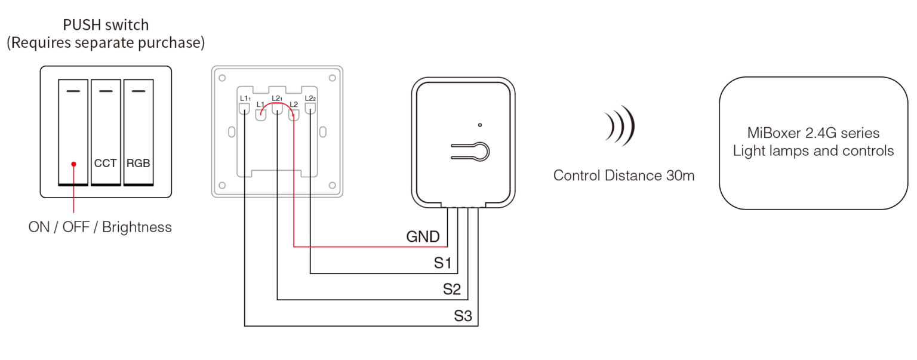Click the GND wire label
point(423,237)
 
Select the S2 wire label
point(453,290)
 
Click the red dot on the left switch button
point(73,163)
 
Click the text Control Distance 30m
point(623,176)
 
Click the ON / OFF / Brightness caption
point(100,227)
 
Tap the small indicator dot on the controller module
point(480,125)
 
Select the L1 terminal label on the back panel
point(260,105)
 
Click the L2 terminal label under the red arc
point(294,105)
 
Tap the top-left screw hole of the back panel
point(222,78)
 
